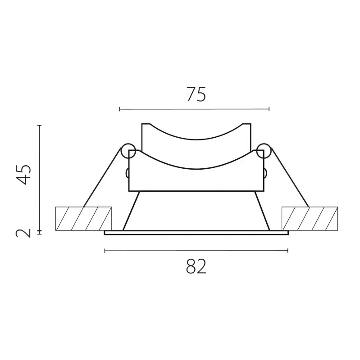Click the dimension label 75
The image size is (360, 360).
pos(196,94)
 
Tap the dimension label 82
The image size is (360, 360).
pos(196,266)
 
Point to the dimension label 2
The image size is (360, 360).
pos(23,233)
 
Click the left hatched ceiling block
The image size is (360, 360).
pos(83,219)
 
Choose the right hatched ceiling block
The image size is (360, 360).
pos(310,219)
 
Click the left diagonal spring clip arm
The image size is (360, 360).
pos(102,178)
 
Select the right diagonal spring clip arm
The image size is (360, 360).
pos(290,177)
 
